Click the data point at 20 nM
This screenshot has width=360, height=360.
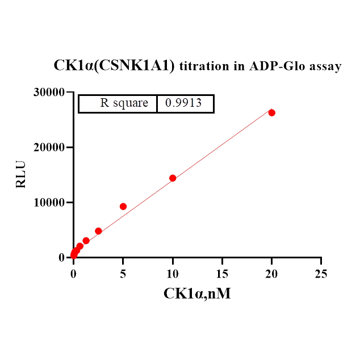click(x=272, y=112)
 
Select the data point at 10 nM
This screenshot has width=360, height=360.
click(x=173, y=178)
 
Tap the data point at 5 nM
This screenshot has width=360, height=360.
click(x=123, y=207)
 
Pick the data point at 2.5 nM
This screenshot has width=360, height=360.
click(x=98, y=231)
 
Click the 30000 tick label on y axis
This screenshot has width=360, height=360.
click(x=49, y=92)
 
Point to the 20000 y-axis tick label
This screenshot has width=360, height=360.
click(x=49, y=147)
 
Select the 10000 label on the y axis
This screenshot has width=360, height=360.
click(x=49, y=202)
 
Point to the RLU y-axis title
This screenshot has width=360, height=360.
click(x=20, y=174)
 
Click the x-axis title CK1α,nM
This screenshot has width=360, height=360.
click(x=197, y=294)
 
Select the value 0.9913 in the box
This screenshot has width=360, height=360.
click(x=183, y=103)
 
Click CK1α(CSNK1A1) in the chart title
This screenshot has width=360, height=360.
click(x=114, y=66)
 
